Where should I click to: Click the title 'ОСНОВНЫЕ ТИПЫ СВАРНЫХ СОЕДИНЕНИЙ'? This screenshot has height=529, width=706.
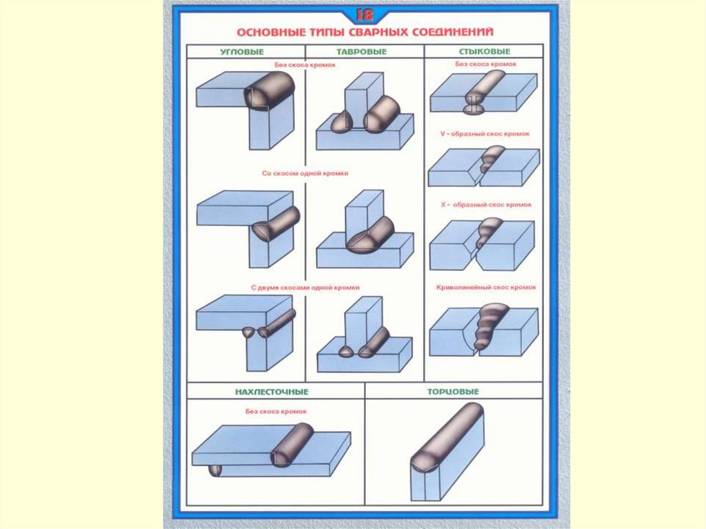(365, 32)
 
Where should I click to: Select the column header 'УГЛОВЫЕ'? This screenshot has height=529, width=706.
(245, 52)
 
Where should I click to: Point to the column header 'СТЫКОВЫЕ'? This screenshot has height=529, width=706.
(484, 52)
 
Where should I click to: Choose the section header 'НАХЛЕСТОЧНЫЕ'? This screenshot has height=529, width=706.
(276, 392)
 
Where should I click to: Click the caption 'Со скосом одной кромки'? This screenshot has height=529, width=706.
(305, 174)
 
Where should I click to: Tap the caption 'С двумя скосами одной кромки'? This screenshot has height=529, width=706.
(305, 287)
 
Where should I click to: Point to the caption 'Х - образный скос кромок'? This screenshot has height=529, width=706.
(485, 205)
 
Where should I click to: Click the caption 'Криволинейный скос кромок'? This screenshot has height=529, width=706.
(485, 287)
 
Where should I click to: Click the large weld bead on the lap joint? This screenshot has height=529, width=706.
(292, 446)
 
